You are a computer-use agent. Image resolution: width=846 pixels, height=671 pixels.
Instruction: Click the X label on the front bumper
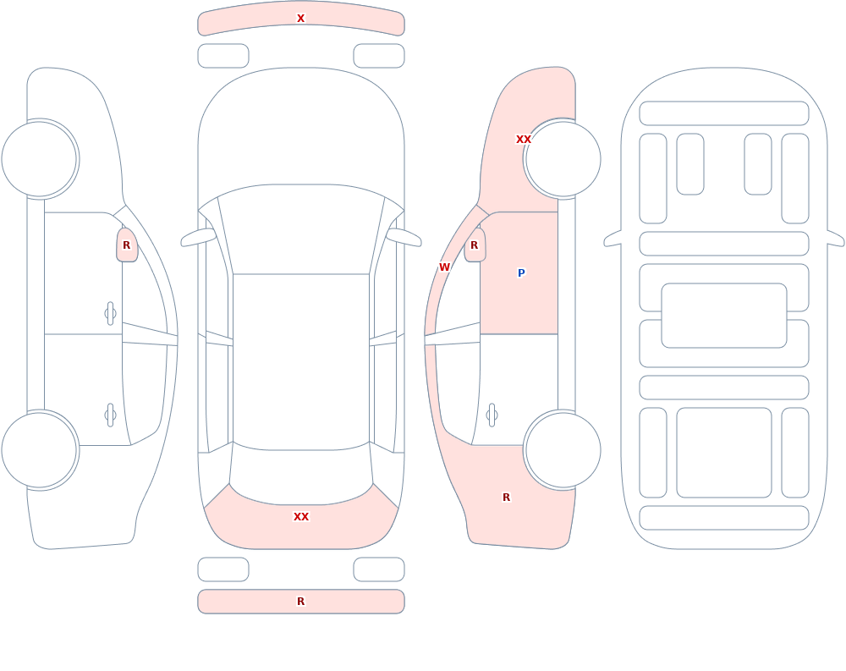(300, 19)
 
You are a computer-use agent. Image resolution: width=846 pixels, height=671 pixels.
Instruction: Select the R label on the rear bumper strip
(300, 602)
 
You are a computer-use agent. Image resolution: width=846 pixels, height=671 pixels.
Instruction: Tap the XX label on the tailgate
(301, 517)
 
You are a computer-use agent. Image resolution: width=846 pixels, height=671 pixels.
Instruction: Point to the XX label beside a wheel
(524, 140)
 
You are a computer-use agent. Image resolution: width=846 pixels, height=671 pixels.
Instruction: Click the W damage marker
(444, 267)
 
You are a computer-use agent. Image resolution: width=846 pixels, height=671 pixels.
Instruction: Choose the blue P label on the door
(521, 273)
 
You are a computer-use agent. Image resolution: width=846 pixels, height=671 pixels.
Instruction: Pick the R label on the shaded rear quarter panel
(506, 498)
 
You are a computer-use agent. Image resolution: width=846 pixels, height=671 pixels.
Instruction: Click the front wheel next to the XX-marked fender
(563, 159)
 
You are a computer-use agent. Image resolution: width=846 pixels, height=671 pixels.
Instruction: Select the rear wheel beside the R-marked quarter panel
(563, 450)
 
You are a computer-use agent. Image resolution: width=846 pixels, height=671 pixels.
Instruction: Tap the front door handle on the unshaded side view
(110, 314)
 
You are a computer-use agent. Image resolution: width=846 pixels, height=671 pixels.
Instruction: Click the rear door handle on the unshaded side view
(110, 415)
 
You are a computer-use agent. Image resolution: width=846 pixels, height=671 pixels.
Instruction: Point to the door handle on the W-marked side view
(492, 415)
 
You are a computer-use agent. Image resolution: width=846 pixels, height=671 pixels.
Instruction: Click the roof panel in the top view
(301, 361)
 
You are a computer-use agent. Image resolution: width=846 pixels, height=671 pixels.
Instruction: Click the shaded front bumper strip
(301, 19)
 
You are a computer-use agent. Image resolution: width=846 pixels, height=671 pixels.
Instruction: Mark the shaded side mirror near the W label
(475, 245)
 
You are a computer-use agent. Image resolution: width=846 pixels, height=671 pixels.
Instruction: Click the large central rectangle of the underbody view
(724, 316)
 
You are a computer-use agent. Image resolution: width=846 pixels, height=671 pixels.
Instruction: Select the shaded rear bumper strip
(301, 602)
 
